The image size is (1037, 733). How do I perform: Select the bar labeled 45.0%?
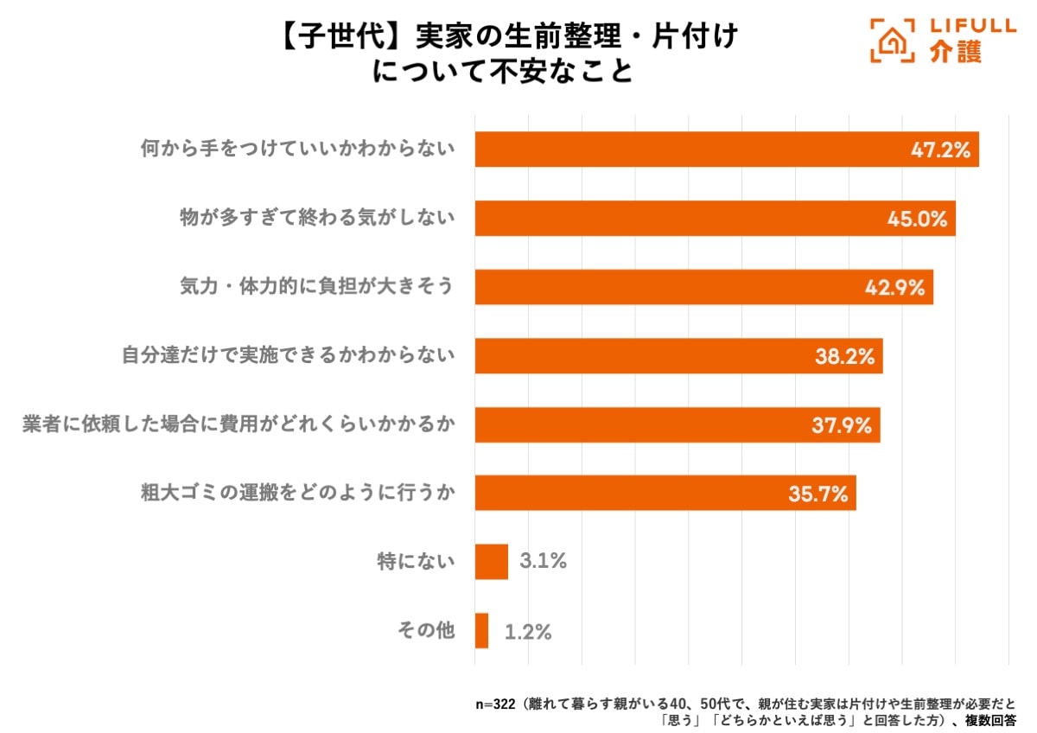click(715, 218)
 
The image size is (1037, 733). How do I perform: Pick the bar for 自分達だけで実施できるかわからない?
click(678, 355)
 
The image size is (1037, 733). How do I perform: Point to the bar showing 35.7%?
click(665, 493)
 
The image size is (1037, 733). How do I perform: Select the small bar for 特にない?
click(491, 562)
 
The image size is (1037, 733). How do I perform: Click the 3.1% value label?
click(543, 562)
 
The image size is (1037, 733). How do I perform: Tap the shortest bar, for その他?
click(481, 631)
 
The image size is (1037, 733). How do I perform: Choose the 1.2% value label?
click(528, 632)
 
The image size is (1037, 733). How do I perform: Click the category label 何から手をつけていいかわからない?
click(297, 150)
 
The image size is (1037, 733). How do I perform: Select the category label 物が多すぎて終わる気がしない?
click(316, 218)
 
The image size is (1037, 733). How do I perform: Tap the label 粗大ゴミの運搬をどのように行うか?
click(297, 493)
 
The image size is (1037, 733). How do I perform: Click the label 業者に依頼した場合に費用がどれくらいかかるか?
click(238, 424)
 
